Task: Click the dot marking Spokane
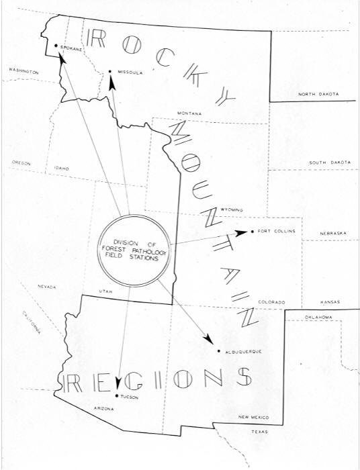tap(56, 46)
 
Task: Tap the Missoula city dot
tap(109, 71)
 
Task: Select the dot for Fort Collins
tap(252, 232)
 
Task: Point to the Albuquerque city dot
tap(219, 351)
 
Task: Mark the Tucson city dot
tap(117, 396)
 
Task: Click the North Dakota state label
tap(318, 94)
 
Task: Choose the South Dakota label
tap(330, 162)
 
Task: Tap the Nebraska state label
tap(333, 233)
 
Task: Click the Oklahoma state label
tap(318, 317)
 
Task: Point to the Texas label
tap(259, 432)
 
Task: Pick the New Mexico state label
tap(253, 417)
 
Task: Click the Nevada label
tap(47, 287)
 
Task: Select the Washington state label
tap(22, 70)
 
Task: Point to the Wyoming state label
tap(232, 210)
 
